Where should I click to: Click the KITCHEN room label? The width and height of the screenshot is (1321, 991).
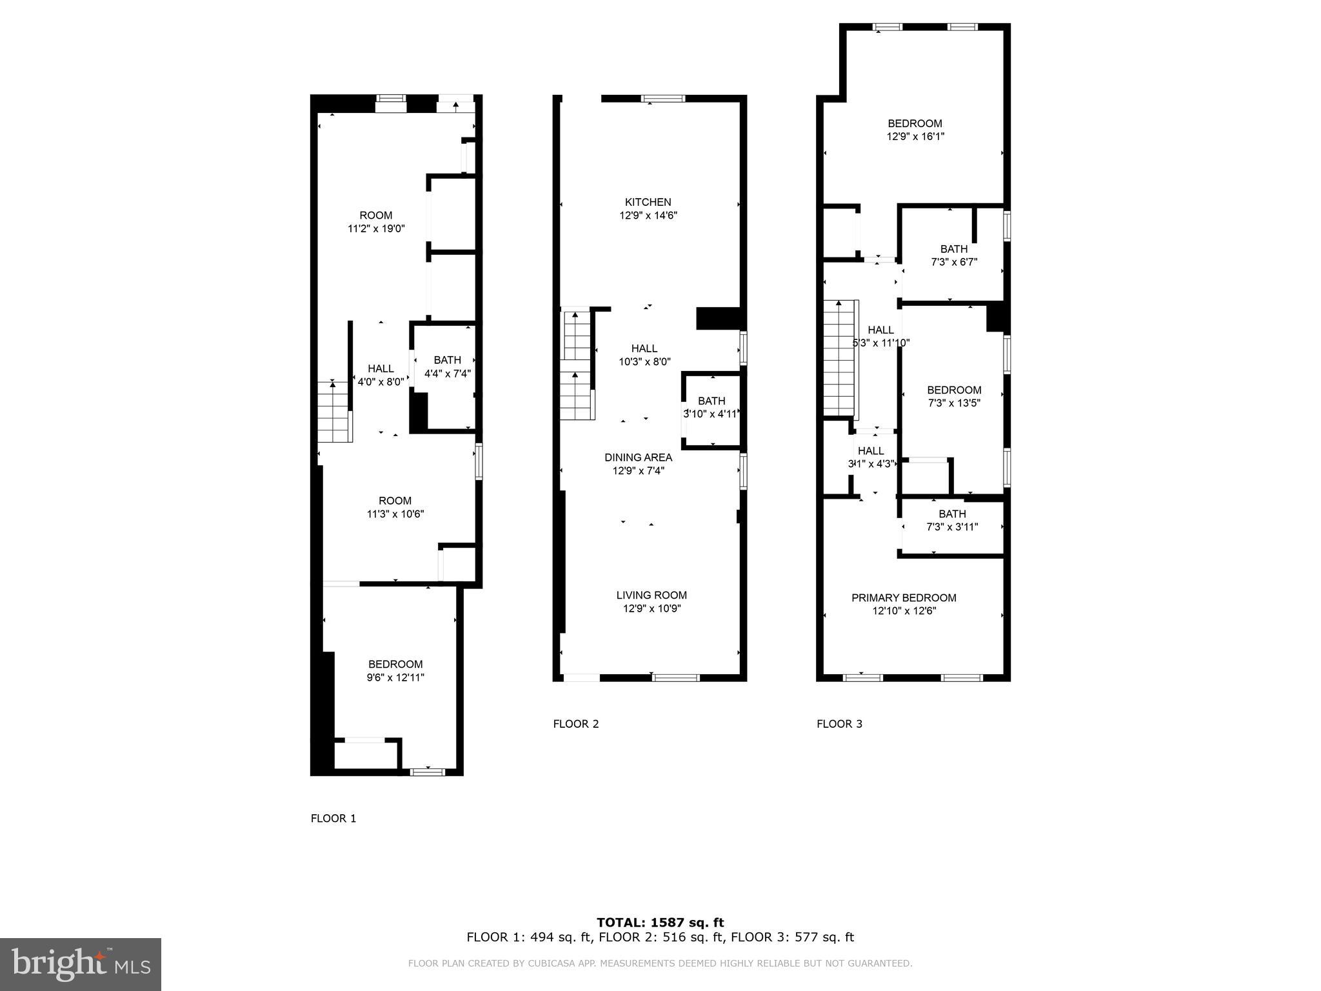pos(648,203)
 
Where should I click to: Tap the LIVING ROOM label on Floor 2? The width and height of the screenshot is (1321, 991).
pos(651,596)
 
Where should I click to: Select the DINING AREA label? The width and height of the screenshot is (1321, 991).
pos(638,457)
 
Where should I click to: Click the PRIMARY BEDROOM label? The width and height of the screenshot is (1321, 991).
pos(904,598)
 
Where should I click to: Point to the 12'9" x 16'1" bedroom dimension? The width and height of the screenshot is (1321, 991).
pos(914,137)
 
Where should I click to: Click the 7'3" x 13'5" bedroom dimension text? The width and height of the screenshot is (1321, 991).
pos(954,403)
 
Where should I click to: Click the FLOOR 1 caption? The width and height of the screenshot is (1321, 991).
pos(333,819)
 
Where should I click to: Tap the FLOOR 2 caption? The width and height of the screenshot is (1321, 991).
pos(576,724)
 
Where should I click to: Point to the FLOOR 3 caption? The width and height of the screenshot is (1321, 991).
pos(839,724)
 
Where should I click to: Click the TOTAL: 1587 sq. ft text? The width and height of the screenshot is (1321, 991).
pos(660,923)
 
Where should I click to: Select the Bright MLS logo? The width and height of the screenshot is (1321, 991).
pos(81,965)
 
